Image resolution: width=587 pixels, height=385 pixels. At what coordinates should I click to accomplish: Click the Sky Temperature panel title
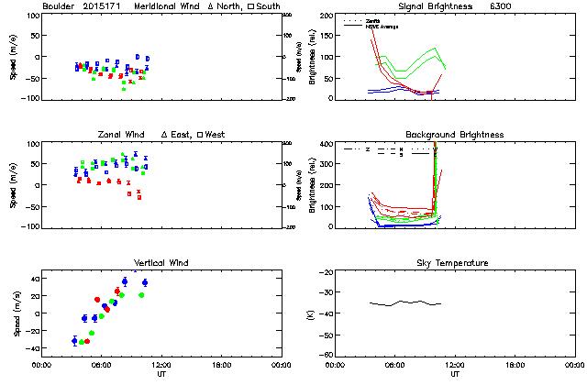[454, 263]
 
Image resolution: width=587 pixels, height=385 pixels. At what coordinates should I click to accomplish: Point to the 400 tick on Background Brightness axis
[324, 144]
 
